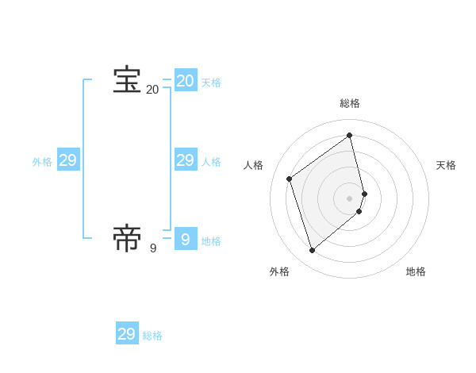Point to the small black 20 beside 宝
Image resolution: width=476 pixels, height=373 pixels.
tap(153, 90)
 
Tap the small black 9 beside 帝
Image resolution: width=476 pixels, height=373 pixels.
tap(153, 248)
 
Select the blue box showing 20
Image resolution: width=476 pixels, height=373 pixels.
tap(185, 81)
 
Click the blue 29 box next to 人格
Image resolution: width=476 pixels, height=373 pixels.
tap(185, 160)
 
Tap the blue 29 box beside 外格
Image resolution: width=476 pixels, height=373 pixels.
tap(68, 160)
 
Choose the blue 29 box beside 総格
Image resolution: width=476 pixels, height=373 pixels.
tap(127, 333)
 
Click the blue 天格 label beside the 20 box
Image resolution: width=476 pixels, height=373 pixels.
tap(211, 83)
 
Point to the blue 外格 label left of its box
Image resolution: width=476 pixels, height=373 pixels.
tap(42, 162)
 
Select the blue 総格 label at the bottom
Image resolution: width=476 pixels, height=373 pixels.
tap(152, 336)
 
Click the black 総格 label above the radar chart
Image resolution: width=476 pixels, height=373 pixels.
tap(350, 103)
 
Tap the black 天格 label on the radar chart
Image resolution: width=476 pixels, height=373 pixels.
tap(446, 165)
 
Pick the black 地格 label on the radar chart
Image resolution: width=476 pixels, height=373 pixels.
tap(416, 271)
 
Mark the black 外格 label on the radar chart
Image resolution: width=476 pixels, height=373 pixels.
tap(279, 271)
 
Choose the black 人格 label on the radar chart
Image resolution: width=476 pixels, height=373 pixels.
tap(254, 165)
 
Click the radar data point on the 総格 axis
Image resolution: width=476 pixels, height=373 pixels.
tap(350, 135)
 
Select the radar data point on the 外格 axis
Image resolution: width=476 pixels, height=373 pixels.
tap(312, 251)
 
